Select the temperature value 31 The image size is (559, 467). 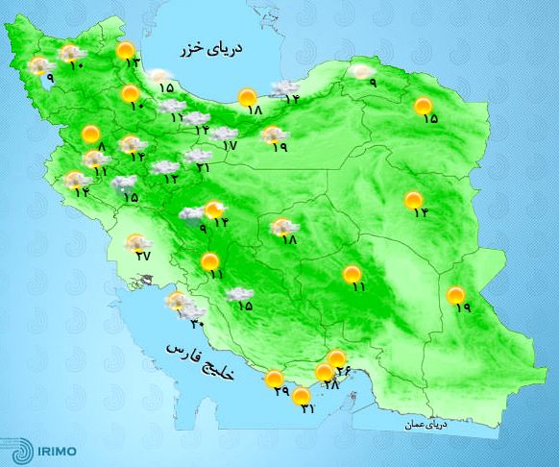click(x=306, y=409)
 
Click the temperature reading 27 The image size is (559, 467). click(x=143, y=256)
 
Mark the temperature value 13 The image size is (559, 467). click(x=133, y=63)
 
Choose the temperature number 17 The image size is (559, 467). click(x=229, y=146)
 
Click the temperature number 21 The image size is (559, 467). click(x=203, y=168)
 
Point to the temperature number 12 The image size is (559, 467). click(x=171, y=179)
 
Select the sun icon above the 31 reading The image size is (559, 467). click(x=302, y=395)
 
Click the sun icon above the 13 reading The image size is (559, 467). click(x=124, y=51)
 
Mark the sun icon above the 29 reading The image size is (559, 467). click(x=275, y=379)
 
